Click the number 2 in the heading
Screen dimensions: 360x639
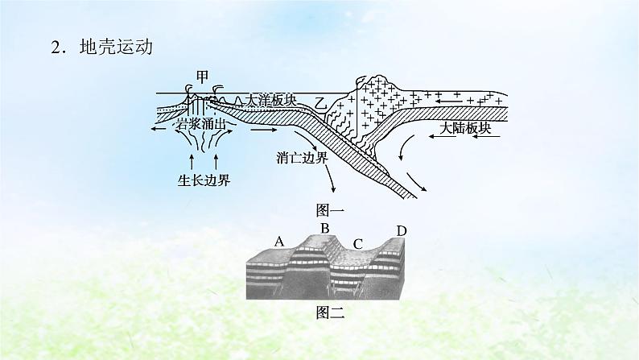pos(56,48)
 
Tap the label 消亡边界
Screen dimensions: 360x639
pos(299,158)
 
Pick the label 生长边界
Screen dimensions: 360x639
pos(203,180)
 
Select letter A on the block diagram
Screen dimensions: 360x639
pos(279,241)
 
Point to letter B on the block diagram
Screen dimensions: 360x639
pos(325,230)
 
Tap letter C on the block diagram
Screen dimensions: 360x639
pos(358,242)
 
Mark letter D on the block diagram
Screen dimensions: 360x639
pos(402,231)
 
